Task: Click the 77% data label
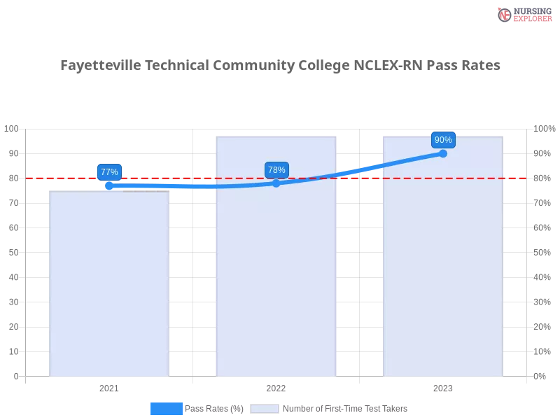pos(109,171)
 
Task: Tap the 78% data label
pos(276,169)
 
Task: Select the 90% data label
pos(443,139)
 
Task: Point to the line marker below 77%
pos(109,185)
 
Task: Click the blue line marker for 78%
pos(276,183)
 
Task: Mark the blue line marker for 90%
pos(443,153)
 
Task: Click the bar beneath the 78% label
pos(276,280)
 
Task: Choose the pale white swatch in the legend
pos(265,408)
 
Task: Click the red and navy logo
pos(523,14)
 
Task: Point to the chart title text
pos(280,66)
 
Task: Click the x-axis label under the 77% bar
pos(109,386)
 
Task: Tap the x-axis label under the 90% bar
pos(442,386)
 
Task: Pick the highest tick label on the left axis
pos(12,129)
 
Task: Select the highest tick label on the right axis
pos(545,128)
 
